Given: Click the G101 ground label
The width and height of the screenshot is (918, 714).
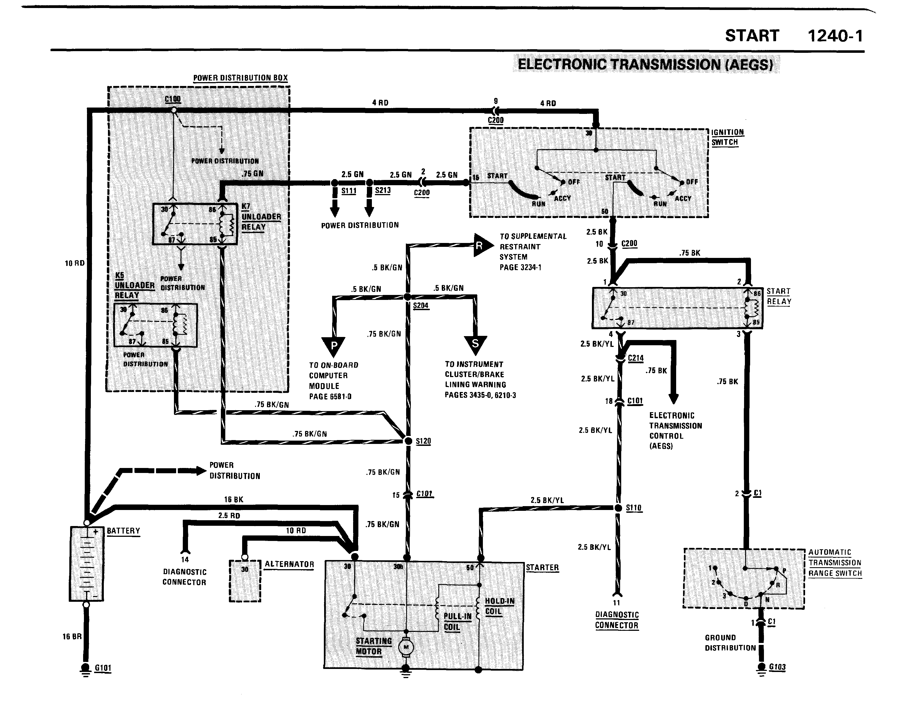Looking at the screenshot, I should point(103,668).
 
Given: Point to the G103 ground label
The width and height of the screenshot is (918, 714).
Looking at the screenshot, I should point(777,667).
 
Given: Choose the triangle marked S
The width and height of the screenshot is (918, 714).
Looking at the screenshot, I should point(475,344).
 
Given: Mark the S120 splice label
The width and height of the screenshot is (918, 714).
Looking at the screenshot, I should point(423,441).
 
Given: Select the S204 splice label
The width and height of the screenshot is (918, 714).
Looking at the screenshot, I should point(421,305).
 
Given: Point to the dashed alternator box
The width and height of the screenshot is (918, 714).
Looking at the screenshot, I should point(245,580).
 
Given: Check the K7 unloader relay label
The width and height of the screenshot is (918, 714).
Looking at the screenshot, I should point(261,217).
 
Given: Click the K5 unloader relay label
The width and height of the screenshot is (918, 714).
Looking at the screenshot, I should point(134,285).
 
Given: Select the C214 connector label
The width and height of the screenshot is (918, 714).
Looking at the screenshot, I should point(636,358).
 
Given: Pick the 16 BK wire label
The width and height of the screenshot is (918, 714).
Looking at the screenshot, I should point(233,499).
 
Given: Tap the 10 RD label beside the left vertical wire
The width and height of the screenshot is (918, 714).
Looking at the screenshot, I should point(74,263).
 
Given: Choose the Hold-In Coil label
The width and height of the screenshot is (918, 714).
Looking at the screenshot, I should point(499,606).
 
